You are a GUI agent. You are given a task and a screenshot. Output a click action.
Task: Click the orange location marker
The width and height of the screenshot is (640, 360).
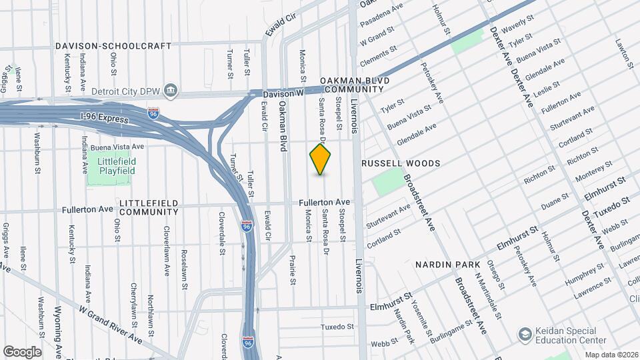(321, 159)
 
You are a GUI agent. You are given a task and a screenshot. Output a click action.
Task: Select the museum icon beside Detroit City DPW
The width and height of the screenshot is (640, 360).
(171, 90)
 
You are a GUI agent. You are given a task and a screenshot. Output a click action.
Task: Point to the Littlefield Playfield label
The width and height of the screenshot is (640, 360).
(111, 166)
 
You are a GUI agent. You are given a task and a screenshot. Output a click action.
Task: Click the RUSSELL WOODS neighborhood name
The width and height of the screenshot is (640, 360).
(401, 163)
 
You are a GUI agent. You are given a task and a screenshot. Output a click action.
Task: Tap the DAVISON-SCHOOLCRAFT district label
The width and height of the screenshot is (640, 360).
(113, 46)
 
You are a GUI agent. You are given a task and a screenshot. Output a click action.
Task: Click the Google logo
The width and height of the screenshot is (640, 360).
(22, 351)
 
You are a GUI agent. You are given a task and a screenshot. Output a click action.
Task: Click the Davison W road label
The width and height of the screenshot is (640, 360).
(283, 95)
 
